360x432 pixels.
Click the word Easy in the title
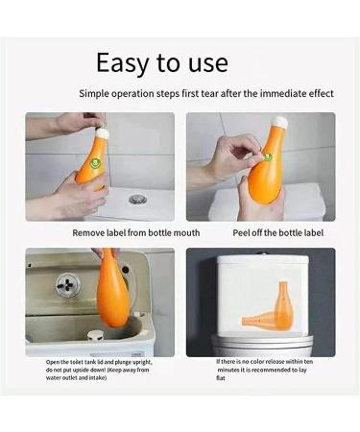pyautogui.click(x=123, y=63)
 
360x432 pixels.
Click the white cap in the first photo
pyautogui.click(x=103, y=132)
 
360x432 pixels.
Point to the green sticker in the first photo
pyautogui.click(x=95, y=163)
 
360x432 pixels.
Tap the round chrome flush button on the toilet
pyautogui.click(x=138, y=199)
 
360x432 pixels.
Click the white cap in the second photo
pyautogui.click(x=281, y=121)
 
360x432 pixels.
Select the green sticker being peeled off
pyautogui.click(x=267, y=156)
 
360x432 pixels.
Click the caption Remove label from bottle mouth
pyautogui.click(x=136, y=232)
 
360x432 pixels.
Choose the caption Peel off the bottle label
pyautogui.click(x=277, y=232)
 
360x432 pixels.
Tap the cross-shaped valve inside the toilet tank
pyautogui.click(x=68, y=284)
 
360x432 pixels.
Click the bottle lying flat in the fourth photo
pyautogui.click(x=261, y=321)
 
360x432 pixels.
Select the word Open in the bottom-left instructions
pyautogui.click(x=53, y=362)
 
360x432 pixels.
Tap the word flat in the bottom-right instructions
pyautogui.click(x=221, y=378)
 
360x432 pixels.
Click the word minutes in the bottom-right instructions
pyautogui.click(x=228, y=370)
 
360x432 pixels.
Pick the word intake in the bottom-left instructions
pyautogui.click(x=97, y=378)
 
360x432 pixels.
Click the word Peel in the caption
pyautogui.click(x=241, y=232)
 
